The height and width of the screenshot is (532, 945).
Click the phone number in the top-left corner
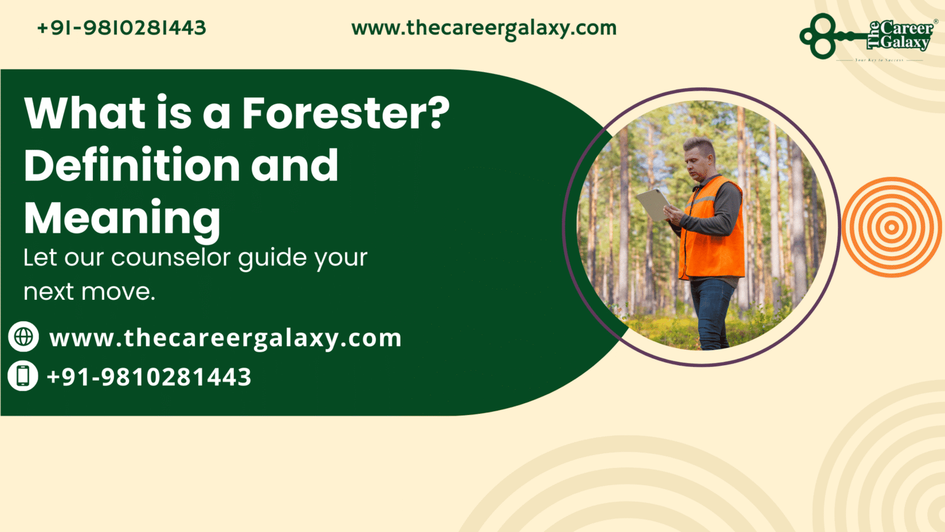click(121, 28)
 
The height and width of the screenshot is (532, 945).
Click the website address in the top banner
click(484, 28)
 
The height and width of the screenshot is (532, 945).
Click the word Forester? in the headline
click(345, 113)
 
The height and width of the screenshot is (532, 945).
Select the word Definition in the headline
click(131, 166)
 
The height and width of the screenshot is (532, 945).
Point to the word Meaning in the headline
click(122, 218)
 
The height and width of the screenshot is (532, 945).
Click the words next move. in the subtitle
click(89, 291)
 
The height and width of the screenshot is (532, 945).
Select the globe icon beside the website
click(23, 337)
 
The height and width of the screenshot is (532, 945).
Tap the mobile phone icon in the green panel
click(23, 376)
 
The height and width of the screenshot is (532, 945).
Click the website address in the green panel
click(225, 338)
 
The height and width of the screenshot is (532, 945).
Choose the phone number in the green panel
click(149, 377)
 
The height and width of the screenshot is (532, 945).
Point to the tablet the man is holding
click(652, 204)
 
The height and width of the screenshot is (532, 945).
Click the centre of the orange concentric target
click(891, 227)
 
